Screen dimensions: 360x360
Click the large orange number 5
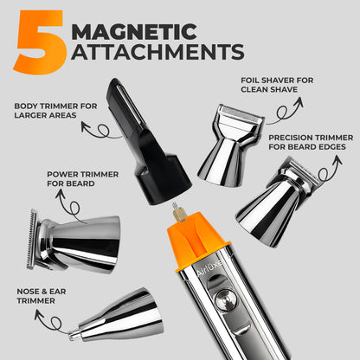[x=41, y=42]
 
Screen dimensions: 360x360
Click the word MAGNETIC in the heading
[x=134, y=32]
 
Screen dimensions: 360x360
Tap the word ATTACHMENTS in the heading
[x=157, y=52]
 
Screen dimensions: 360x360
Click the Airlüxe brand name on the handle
[x=209, y=268]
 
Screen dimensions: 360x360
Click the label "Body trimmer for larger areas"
[x=55, y=111]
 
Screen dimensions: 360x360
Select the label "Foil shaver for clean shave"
[x=277, y=85]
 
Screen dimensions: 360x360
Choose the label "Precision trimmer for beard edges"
[x=311, y=142]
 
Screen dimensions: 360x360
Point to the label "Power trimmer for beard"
[x=83, y=179]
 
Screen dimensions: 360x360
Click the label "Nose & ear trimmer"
[x=42, y=296]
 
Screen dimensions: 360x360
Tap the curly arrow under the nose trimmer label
[x=55, y=323]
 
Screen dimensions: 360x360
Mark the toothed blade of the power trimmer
[x=32, y=240]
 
